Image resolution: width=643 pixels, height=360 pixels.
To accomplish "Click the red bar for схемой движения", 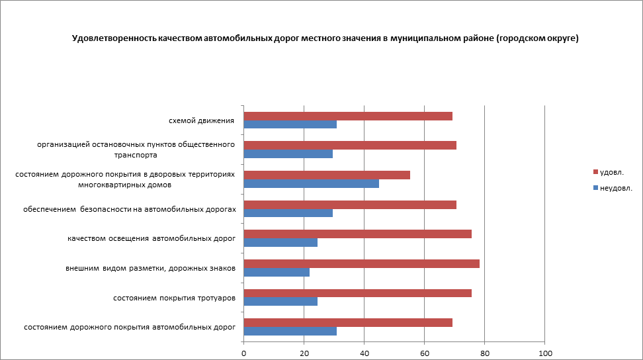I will click(348, 116).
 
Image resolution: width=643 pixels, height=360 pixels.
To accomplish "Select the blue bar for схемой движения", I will click(290, 124).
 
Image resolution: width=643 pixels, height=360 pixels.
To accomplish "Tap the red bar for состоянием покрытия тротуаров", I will click(358, 293).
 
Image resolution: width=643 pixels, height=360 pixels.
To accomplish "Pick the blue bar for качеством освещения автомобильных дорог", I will click(280, 242).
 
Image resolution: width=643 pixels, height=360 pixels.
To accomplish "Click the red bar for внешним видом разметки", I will click(362, 264).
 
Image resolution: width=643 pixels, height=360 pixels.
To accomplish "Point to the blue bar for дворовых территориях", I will click(312, 183).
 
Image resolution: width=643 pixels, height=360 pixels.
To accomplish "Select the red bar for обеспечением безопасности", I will click(350, 204).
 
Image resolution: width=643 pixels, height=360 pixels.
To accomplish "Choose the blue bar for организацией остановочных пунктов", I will click(288, 154).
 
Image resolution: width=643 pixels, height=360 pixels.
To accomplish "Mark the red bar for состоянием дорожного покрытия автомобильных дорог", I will click(348, 322).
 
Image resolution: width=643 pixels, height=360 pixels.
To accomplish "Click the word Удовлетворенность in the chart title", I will click(114, 39).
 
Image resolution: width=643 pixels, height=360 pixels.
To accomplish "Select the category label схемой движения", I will click(202, 120).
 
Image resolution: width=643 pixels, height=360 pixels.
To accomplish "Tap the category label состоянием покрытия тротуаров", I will click(175, 298).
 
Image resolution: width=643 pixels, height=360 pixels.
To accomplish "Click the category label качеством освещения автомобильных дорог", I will click(151, 238).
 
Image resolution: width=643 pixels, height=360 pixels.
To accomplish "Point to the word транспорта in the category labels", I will click(135, 155).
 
